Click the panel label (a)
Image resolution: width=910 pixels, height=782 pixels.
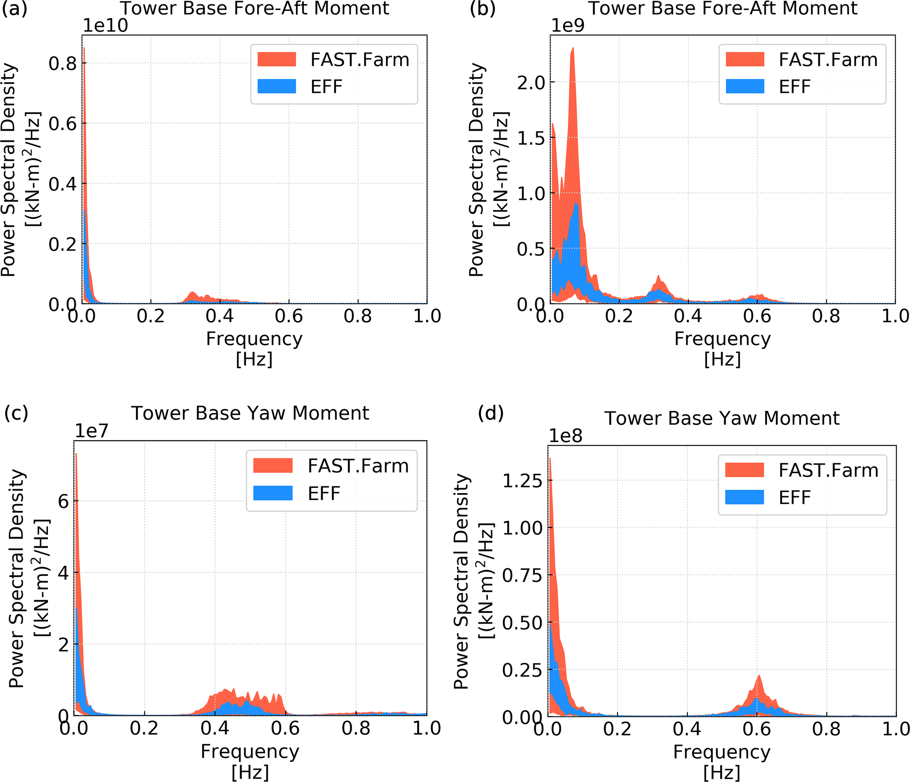coord(15,9)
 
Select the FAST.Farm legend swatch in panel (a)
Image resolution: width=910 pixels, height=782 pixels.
coord(276,59)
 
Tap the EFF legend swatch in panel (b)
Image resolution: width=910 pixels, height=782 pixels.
coord(745,86)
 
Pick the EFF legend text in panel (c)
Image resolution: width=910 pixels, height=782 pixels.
coord(324,493)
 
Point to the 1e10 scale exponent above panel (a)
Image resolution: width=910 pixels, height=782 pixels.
coord(105,26)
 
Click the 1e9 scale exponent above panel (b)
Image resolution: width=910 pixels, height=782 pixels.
coord(568,26)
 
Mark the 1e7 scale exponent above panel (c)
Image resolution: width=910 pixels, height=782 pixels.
coord(92,431)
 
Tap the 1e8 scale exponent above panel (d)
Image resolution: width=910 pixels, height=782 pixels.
coord(566,436)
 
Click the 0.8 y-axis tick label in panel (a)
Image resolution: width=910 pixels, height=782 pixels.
coord(63,64)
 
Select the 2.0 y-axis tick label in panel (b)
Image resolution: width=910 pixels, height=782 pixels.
coord(531,83)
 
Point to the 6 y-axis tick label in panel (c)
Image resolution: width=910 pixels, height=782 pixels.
coord(63,501)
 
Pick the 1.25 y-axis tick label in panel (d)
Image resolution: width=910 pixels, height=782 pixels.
coord(523,481)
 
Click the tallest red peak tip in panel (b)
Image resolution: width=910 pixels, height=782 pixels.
coord(573,48)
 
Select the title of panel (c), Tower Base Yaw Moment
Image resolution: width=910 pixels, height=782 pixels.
coord(250,413)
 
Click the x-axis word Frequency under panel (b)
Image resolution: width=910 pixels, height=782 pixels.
coord(722,339)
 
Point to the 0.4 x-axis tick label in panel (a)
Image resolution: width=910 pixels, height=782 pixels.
coord(220,316)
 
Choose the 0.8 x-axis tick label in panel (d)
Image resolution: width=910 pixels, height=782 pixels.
coord(826,729)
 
